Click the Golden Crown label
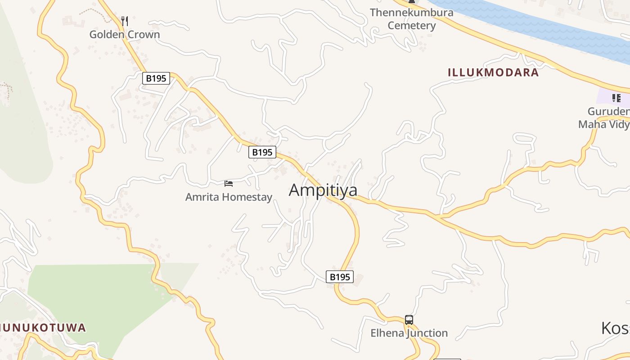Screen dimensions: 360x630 125,35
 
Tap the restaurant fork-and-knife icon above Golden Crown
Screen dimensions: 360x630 125,21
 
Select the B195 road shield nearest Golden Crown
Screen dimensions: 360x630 156,78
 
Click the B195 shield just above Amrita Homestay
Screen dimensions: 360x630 262,152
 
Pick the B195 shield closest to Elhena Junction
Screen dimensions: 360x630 339,277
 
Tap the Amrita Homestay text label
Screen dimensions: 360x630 229,197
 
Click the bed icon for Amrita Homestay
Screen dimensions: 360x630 229,183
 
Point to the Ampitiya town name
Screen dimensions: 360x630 323,190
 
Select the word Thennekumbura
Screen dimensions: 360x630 411,13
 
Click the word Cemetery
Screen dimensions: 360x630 412,26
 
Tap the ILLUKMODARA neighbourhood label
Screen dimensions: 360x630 493,72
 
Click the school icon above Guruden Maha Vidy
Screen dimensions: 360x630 616,98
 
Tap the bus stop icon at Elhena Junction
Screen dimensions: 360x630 409,320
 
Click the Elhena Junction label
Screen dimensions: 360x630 409,333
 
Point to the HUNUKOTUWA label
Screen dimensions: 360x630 43,328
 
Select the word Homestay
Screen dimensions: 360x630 249,197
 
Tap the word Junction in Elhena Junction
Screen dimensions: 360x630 427,333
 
